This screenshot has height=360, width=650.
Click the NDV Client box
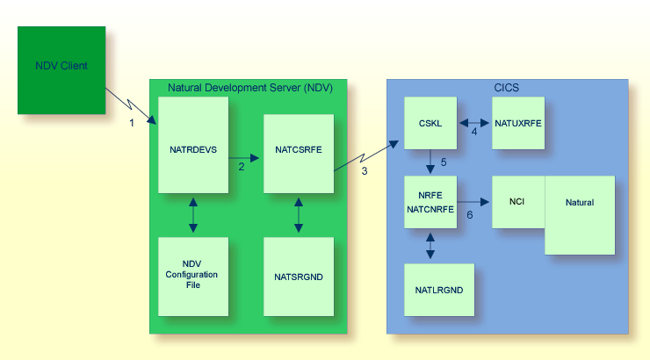click(61, 70)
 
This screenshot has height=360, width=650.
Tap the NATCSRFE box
click(299, 154)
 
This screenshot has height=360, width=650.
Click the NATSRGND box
click(299, 277)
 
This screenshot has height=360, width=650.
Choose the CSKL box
click(430, 123)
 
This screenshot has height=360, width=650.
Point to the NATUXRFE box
click(518, 123)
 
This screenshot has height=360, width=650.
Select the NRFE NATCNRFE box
click(430, 202)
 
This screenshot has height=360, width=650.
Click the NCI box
click(518, 202)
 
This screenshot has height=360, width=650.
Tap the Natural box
click(580, 215)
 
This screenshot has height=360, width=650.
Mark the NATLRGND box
click(439, 290)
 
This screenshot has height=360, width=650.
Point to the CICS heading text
click(507, 86)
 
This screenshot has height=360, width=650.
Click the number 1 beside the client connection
click(132, 123)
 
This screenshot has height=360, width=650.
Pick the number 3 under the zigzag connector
click(365, 171)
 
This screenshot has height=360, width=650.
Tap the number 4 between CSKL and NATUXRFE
click(474, 133)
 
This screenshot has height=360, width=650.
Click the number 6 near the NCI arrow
click(470, 214)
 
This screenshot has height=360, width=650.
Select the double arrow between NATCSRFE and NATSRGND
click(299, 215)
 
